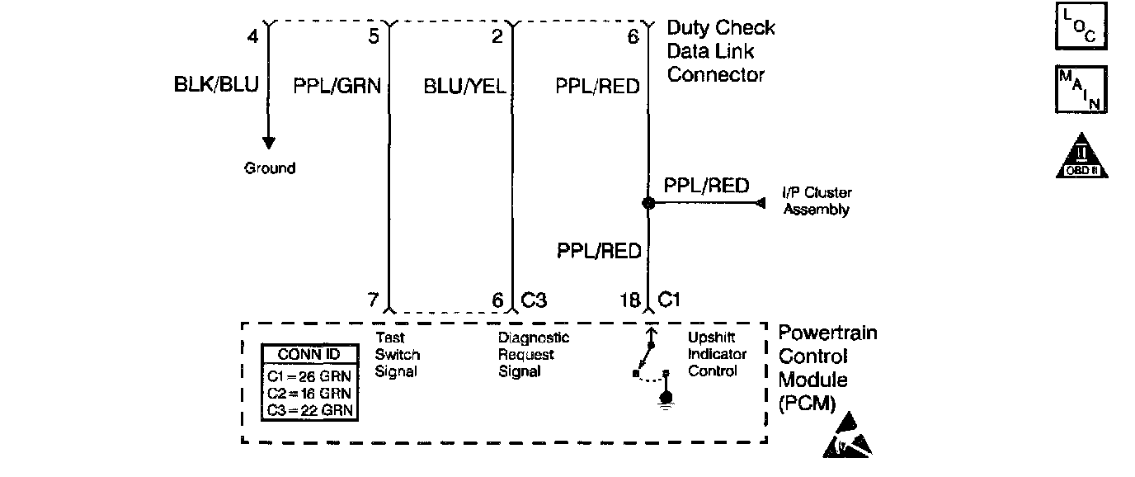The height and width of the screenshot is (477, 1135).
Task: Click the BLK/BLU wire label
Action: tap(216, 85)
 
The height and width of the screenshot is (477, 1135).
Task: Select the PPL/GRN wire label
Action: tap(337, 86)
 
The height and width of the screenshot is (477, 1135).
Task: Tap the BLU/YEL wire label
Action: tap(464, 86)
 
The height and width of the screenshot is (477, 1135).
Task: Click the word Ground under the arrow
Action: tap(269, 168)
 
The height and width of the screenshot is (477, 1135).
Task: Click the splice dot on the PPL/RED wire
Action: tap(648, 202)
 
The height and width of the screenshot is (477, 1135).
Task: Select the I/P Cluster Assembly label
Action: tap(816, 201)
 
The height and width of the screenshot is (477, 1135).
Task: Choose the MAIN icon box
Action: tap(1081, 89)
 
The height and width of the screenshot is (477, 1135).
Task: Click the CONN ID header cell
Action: tap(308, 355)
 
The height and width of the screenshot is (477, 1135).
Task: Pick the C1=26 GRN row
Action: tap(308, 375)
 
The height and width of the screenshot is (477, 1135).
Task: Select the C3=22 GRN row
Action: tap(308, 410)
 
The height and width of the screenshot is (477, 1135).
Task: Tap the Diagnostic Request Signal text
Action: tap(533, 355)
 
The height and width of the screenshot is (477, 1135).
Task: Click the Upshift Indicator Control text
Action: tap(717, 355)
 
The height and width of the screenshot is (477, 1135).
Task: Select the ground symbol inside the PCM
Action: tap(663, 402)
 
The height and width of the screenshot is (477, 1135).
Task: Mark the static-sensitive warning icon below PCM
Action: tap(847, 438)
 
